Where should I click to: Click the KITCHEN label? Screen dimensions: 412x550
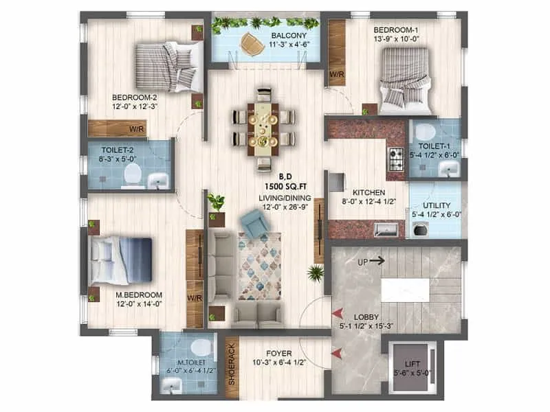pyautogui.click(x=368, y=193)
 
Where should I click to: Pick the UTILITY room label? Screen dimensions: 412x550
pyautogui.click(x=437, y=204)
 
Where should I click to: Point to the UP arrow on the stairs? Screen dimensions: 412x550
pyautogui.click(x=374, y=262)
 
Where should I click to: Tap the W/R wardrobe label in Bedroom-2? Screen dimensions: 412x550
pyautogui.click(x=137, y=128)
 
